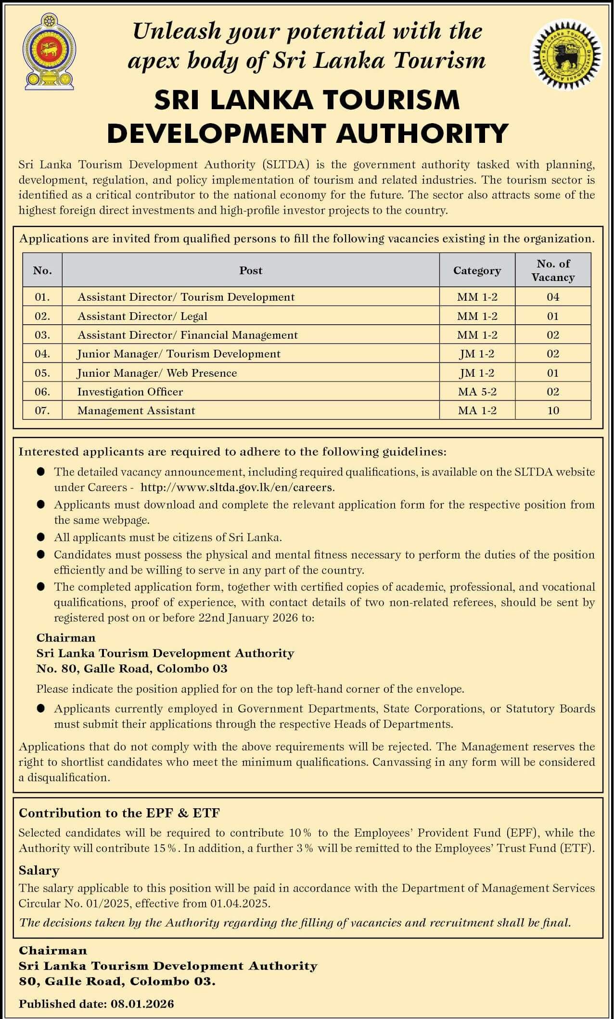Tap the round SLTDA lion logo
[x=566, y=53]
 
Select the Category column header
[x=477, y=270]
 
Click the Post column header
[x=251, y=270]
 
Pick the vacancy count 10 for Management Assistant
[x=553, y=410]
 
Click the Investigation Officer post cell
[x=130, y=392]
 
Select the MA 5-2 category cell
[x=477, y=392]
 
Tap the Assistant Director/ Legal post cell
[x=142, y=316]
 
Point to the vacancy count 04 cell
[x=553, y=297]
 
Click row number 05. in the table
[x=42, y=373]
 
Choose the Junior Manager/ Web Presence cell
[x=157, y=373]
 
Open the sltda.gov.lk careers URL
[x=237, y=487]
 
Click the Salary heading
[x=39, y=870]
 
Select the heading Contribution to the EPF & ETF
[x=119, y=813]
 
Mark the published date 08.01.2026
[x=142, y=1004]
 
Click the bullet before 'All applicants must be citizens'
[x=41, y=537]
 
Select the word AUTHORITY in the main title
[x=422, y=133]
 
